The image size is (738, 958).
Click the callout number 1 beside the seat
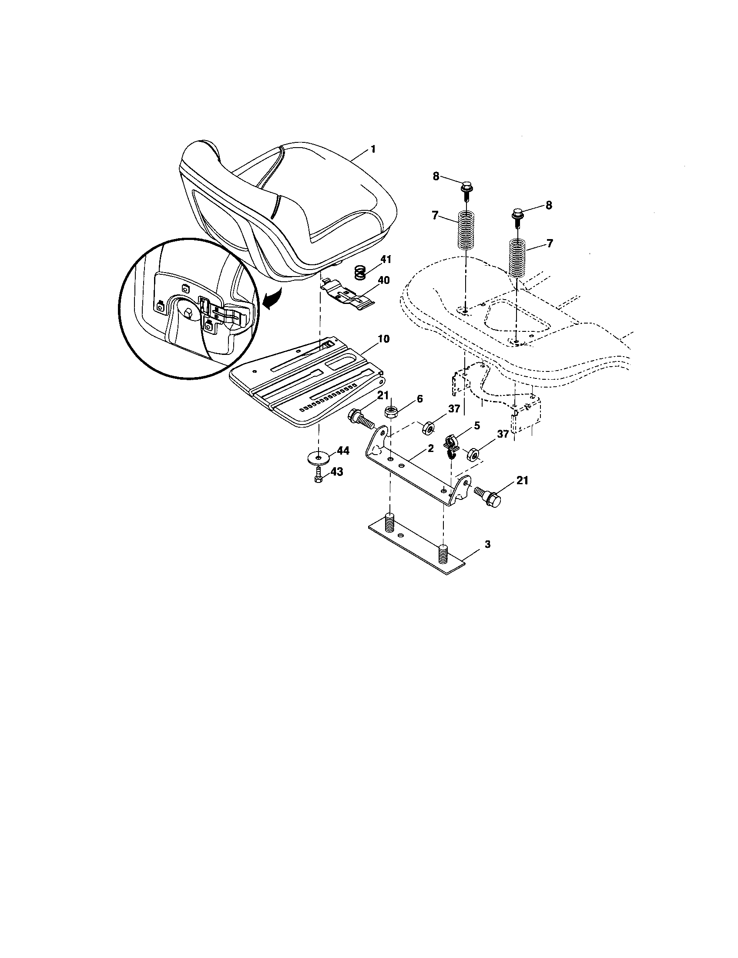(373, 149)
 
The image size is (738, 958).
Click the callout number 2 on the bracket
(430, 448)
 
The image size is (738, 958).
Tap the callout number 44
(343, 451)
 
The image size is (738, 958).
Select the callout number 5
(477, 425)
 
